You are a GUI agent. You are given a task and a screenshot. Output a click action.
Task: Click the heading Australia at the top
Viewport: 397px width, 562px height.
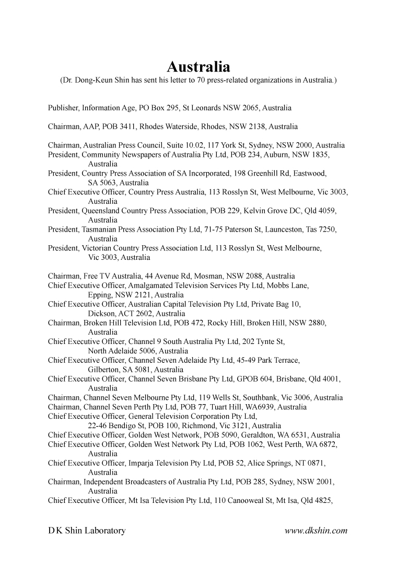point(198,67)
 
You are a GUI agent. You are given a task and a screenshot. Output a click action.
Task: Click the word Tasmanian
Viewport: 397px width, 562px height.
point(99,230)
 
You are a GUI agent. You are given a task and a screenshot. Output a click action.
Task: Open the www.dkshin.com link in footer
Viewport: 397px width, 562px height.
point(316,531)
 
